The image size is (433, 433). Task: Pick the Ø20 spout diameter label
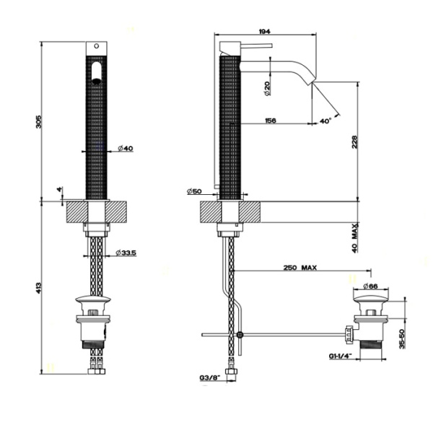(x=268, y=89)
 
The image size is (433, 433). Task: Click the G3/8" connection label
(x=209, y=377)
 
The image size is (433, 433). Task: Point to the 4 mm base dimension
(x=60, y=190)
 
